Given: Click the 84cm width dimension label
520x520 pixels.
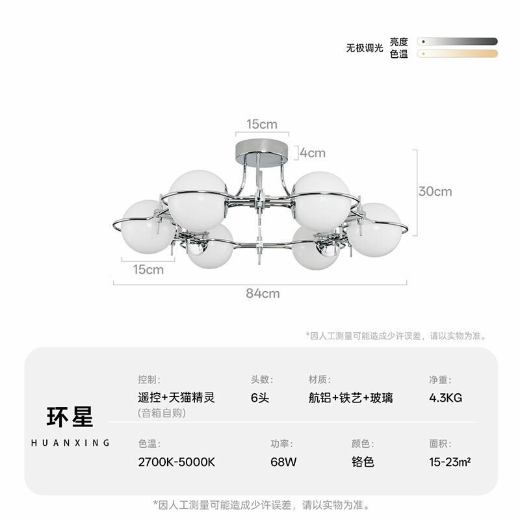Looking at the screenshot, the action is (x=263, y=294).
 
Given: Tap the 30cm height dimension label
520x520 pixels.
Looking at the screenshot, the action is (x=435, y=192).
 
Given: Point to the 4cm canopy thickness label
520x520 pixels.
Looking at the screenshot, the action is (x=313, y=153).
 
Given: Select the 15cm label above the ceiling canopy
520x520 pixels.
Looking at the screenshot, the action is (x=262, y=124).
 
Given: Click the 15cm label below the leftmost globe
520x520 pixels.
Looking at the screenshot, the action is (x=148, y=269).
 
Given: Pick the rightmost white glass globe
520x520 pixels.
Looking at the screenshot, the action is (x=375, y=229).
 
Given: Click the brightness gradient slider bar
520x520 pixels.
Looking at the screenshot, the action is (x=458, y=42).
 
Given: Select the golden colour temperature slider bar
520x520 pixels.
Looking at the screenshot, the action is (x=458, y=53).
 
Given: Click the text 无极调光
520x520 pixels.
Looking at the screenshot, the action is (x=365, y=48).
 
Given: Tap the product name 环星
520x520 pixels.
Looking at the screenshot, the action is (x=70, y=417).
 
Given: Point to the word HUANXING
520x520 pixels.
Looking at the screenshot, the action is (x=70, y=443).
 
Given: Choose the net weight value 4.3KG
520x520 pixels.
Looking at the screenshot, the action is (x=445, y=398).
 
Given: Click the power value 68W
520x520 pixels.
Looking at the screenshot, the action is (x=283, y=462).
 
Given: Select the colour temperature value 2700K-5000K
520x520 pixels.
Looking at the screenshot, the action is (x=176, y=462).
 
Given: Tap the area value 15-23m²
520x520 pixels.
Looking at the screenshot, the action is (x=450, y=461).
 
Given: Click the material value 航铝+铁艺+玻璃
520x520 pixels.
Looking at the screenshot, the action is (x=350, y=398).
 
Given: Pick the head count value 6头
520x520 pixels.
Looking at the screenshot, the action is (x=259, y=398).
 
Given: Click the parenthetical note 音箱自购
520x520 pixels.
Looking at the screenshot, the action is (x=162, y=413).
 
